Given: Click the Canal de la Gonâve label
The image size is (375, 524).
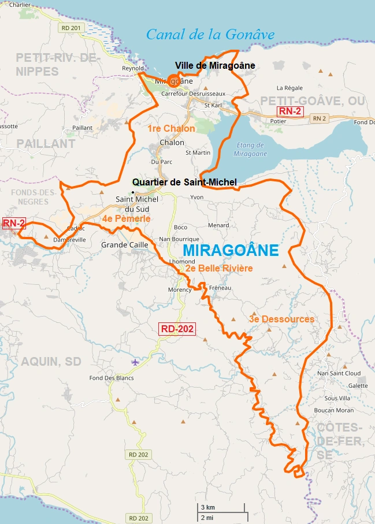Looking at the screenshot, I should click(x=210, y=35).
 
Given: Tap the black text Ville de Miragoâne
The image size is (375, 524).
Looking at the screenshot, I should click(x=215, y=66).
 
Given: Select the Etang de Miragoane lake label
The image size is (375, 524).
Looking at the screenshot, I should click(x=251, y=149).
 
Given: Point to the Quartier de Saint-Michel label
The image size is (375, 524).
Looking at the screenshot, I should click(x=184, y=183).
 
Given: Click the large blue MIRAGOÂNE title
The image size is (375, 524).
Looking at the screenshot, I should click(x=231, y=250).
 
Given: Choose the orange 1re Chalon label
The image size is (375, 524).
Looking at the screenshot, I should click(x=171, y=128).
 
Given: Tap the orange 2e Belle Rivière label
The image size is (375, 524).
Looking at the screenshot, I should click(x=219, y=269).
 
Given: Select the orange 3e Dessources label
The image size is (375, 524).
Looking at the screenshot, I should click(x=281, y=319).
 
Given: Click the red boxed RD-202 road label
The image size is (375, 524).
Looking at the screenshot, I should click(x=177, y=329).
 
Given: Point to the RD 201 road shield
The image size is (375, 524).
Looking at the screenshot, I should click(x=71, y=27).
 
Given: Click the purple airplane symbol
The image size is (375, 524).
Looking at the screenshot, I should click(x=135, y=362).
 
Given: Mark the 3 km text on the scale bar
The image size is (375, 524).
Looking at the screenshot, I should click(x=208, y=507).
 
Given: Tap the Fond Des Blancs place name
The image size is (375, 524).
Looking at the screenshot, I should click(x=112, y=378).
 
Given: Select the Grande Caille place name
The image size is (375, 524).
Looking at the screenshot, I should click(x=125, y=245).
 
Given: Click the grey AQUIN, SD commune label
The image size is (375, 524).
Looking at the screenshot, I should click(x=51, y=362).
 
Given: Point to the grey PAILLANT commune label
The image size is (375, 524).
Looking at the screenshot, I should click(x=46, y=143).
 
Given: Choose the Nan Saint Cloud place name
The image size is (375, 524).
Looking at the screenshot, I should click(x=339, y=373).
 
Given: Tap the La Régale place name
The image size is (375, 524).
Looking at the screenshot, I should click(x=289, y=88).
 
